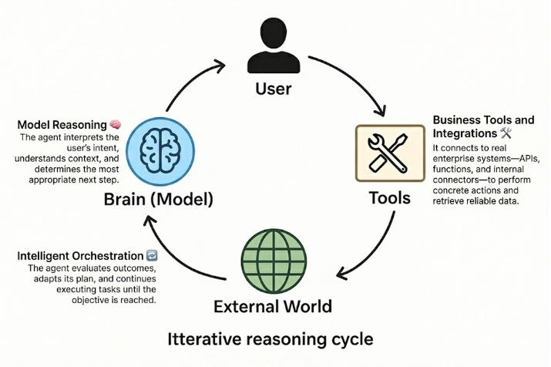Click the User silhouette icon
pyautogui.click(x=273, y=48)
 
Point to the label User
pyautogui.click(x=273, y=89)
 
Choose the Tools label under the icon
pyautogui.click(x=389, y=198)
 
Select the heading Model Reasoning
pyautogui.click(x=61, y=125)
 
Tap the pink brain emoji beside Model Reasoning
pyautogui.click(x=114, y=125)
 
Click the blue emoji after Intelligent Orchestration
pyautogui.click(x=151, y=255)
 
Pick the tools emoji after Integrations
pyautogui.click(x=527, y=133)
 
